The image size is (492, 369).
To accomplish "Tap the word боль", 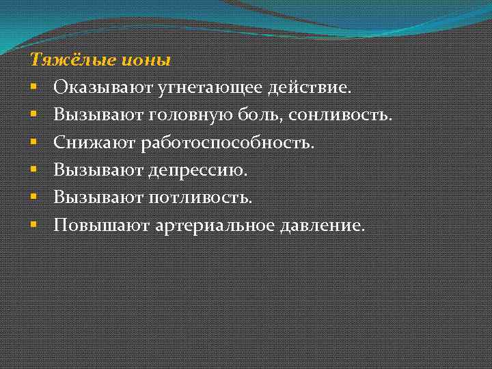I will pos(236,115).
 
